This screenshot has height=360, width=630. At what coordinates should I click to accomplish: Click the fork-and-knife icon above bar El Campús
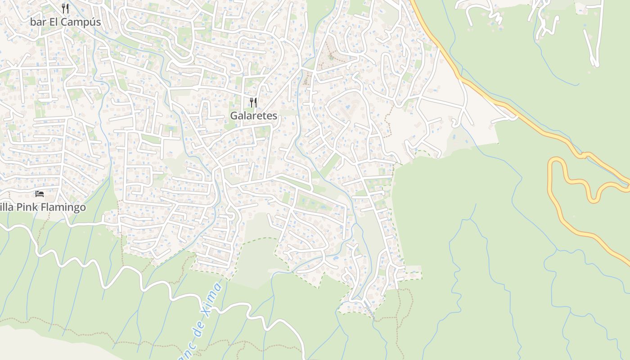click(65, 8)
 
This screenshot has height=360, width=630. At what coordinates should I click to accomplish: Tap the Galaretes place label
click(253, 116)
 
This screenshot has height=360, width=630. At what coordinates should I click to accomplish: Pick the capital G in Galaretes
click(234, 116)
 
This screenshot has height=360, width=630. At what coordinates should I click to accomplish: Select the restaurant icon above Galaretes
click(253, 103)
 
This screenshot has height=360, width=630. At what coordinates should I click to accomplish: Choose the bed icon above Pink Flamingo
click(40, 194)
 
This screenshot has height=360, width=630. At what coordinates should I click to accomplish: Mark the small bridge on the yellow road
click(584, 155)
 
